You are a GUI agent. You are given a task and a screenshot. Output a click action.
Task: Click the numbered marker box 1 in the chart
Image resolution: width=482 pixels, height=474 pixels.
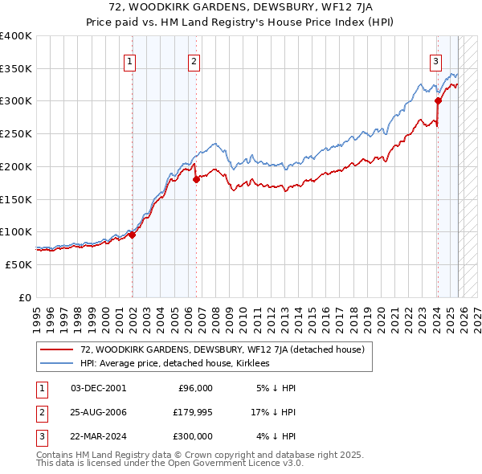point(130,59)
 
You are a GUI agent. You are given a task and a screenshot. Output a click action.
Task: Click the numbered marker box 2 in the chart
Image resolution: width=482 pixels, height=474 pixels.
point(194,59)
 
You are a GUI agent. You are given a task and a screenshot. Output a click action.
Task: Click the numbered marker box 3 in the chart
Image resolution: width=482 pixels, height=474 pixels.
point(435,59)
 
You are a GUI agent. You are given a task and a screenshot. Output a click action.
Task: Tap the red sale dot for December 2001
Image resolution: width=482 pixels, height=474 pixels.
point(132,235)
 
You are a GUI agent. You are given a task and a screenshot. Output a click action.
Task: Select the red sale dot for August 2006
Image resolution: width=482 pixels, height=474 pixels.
point(196,179)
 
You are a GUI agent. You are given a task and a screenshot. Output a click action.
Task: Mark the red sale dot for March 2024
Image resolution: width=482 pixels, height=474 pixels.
point(438,100)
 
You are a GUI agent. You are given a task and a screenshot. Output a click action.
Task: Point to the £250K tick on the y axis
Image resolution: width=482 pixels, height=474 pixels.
point(17,133)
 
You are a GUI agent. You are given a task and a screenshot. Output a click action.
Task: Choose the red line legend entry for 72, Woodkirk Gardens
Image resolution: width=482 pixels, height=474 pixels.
point(223,349)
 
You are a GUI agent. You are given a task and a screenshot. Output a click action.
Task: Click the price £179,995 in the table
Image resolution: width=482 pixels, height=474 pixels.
point(190,412)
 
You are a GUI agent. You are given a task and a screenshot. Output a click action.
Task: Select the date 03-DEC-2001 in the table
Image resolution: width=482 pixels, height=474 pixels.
point(99,388)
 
